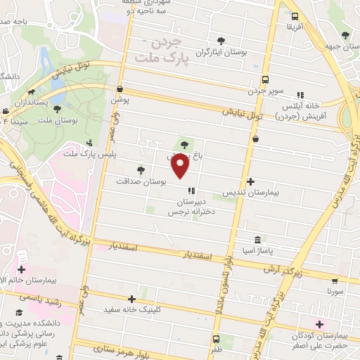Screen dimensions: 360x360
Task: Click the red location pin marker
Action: [181, 166]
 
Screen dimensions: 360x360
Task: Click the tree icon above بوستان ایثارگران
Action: [222, 41]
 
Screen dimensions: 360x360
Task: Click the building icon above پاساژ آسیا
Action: [257, 239]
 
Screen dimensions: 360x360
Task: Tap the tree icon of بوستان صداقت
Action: [141, 169]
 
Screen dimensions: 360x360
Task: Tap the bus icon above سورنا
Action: [334, 278]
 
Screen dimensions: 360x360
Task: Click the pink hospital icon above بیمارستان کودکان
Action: [321, 324]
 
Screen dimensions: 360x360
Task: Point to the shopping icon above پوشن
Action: [120, 89]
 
